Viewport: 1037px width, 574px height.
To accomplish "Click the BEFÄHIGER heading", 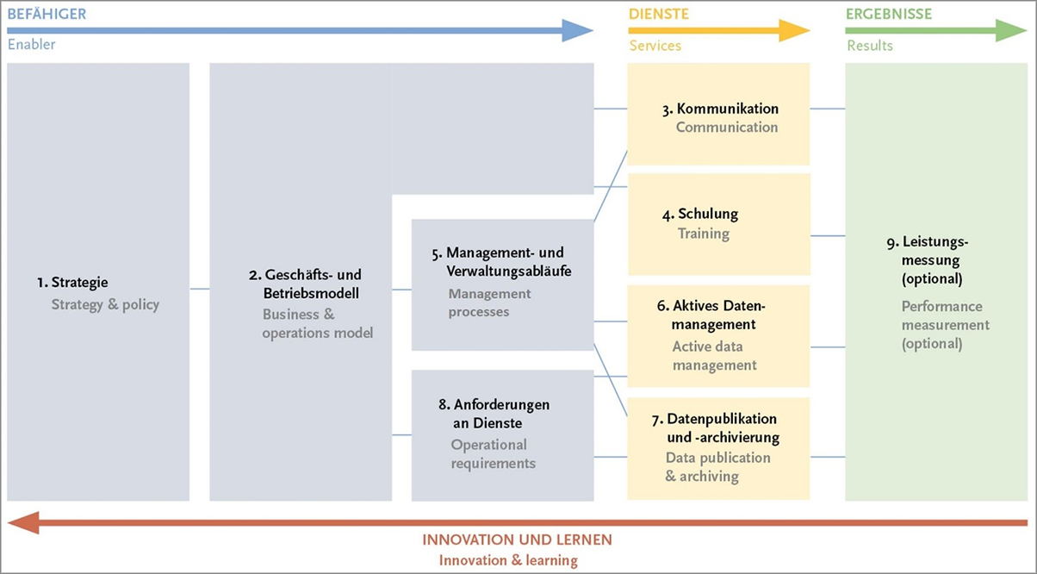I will (x=47, y=14).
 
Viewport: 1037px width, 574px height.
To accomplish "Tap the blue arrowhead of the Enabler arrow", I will (x=578, y=31).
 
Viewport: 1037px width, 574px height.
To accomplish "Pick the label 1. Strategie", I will (x=72, y=282).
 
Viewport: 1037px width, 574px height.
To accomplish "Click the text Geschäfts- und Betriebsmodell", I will (x=305, y=284).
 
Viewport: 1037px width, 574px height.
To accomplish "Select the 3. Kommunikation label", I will (x=720, y=109).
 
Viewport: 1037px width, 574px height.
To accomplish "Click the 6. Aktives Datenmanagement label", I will (x=711, y=315).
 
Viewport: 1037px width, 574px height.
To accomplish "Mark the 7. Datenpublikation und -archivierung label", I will (x=715, y=428).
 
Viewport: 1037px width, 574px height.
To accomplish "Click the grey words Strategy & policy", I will (x=105, y=304).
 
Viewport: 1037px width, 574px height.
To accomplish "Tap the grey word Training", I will (x=703, y=234).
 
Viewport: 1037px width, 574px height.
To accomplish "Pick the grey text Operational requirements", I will (x=493, y=454).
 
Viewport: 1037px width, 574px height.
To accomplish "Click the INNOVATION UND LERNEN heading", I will (x=517, y=540).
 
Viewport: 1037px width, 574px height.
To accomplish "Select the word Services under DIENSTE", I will (x=655, y=46).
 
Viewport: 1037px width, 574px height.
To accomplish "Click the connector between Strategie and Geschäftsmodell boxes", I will (x=199, y=289).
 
